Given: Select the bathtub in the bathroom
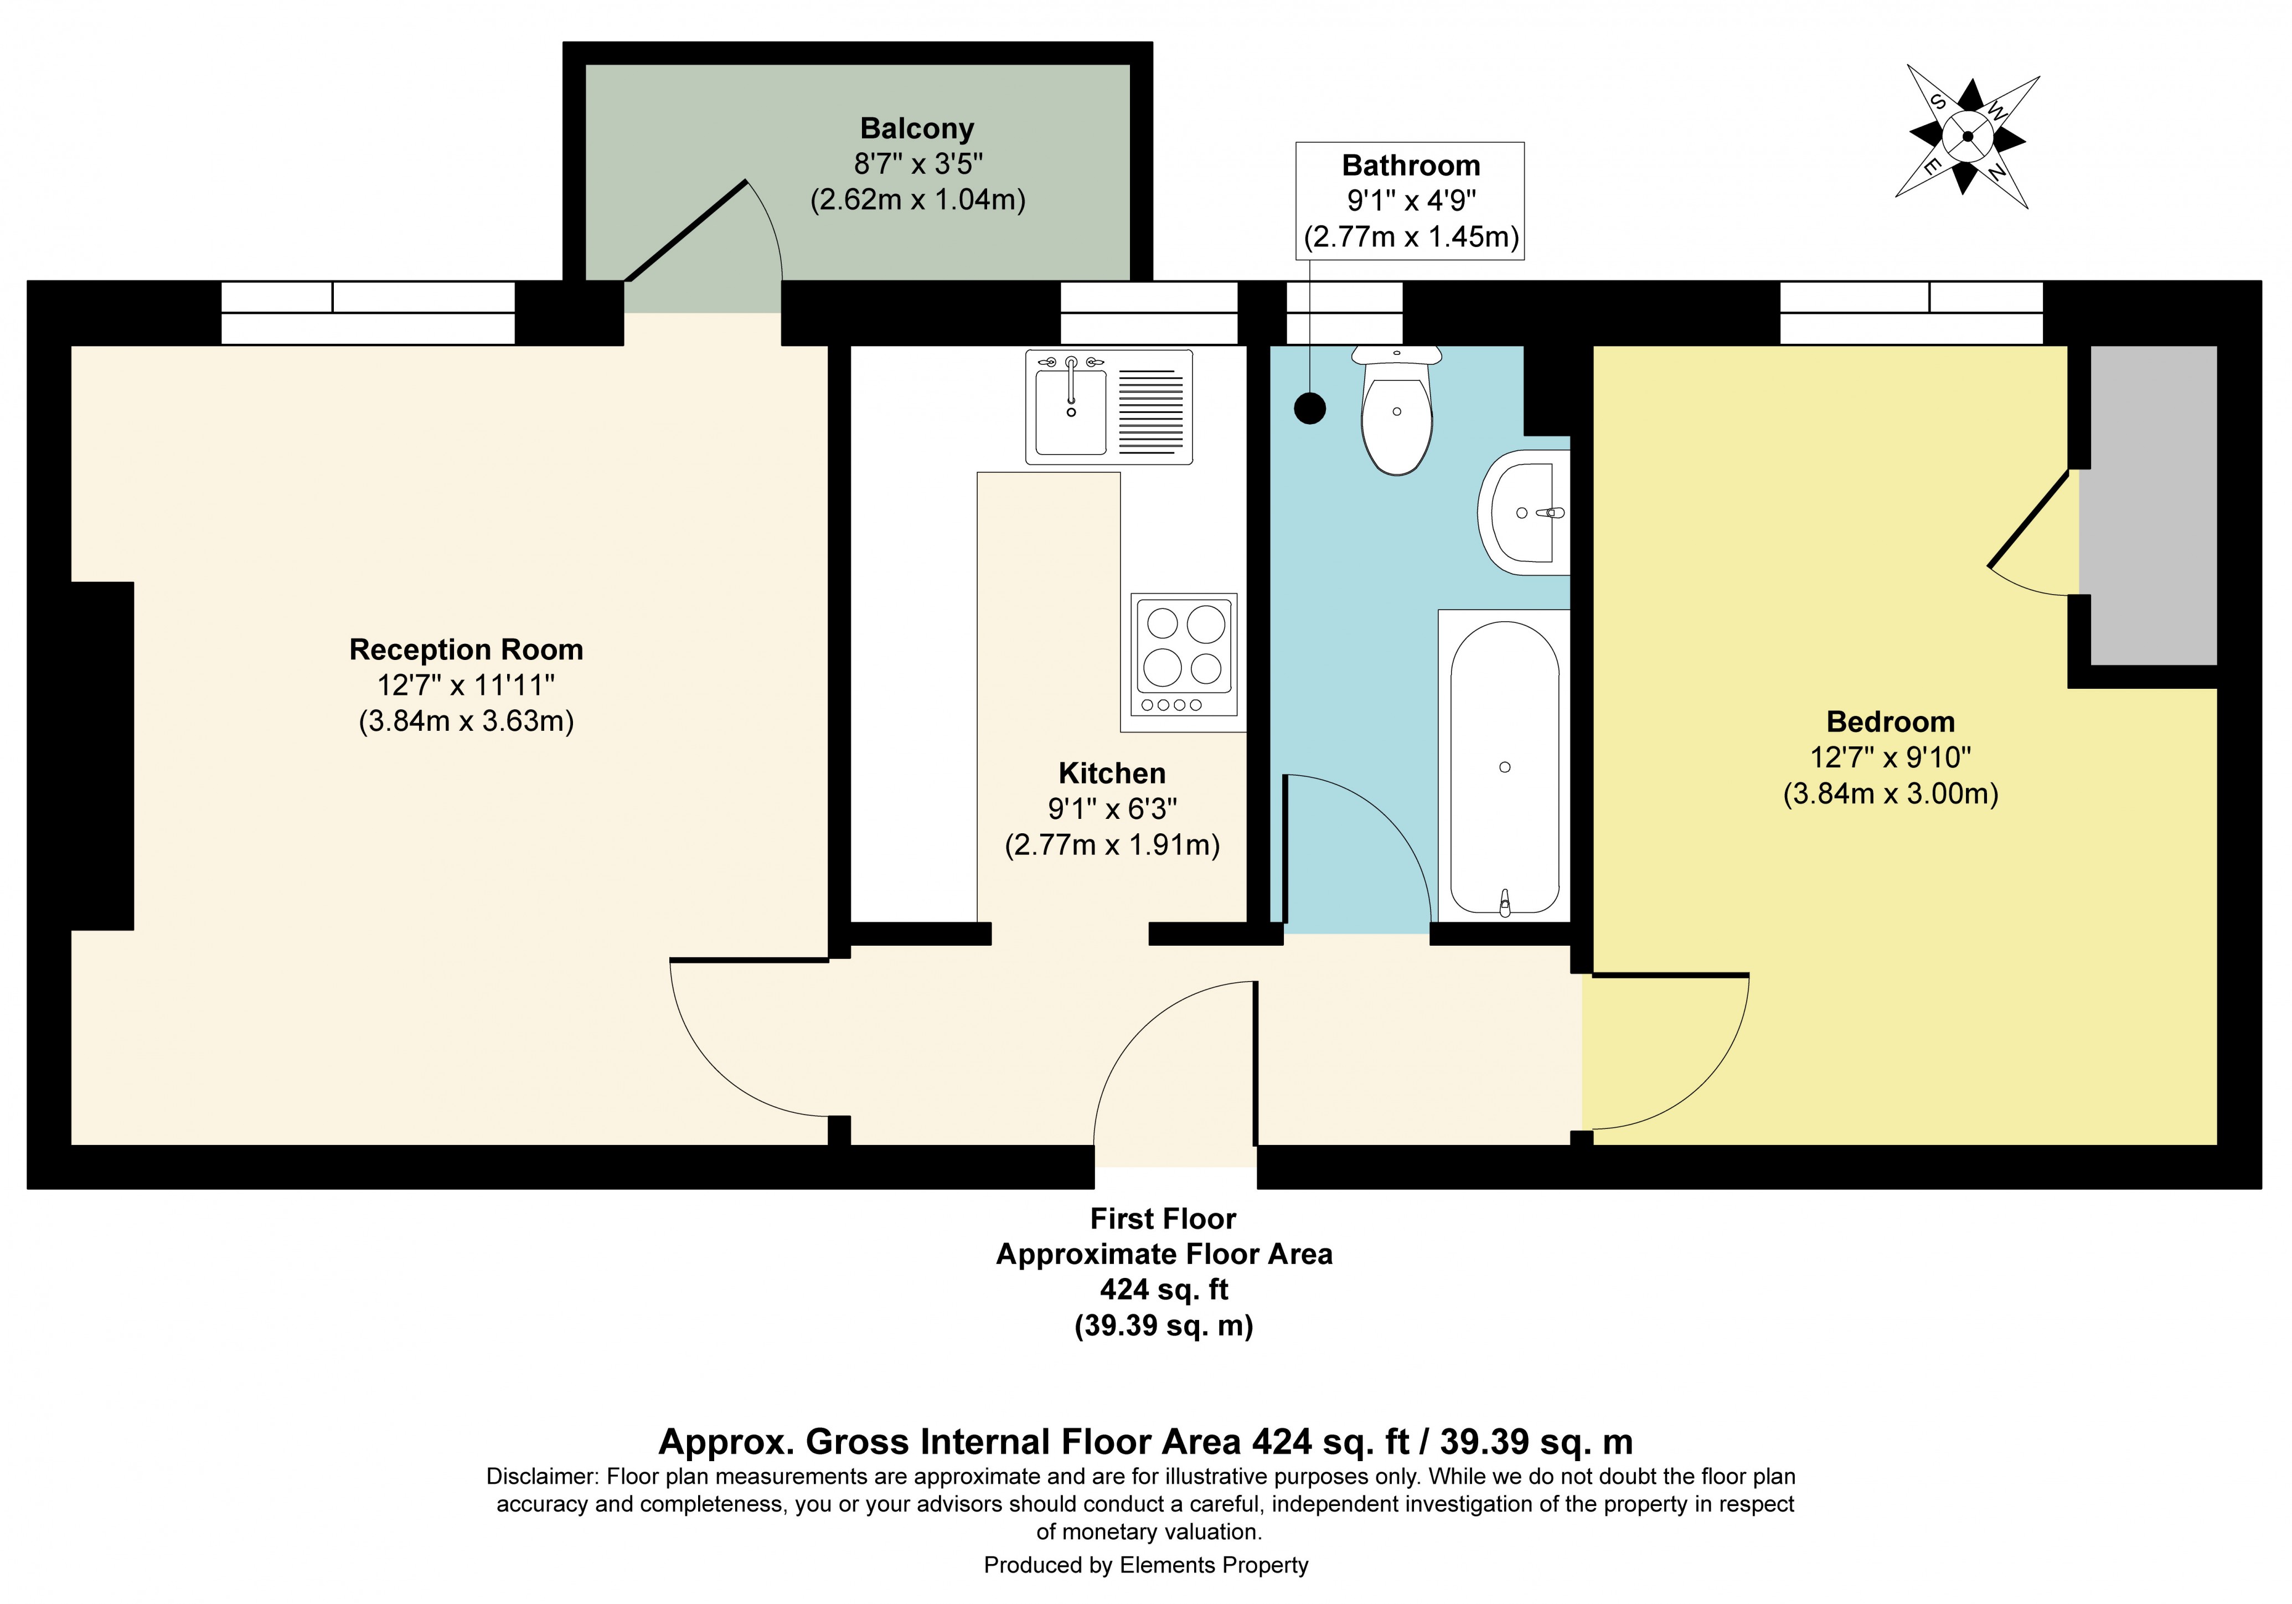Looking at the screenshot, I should pos(1504,767).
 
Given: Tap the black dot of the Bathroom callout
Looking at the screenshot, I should pos(1310,408).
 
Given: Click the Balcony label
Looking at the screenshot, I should pos(916,129).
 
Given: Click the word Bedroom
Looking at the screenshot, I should pos(1890,721).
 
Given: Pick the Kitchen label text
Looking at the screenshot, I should pos(1111,773).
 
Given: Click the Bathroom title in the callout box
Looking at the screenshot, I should pos(1410,166).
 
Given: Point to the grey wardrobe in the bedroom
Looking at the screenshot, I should pos(2153,504).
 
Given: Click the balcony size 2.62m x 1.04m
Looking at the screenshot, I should pos(916,200).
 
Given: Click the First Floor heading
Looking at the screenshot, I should pos(1163,1219).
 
